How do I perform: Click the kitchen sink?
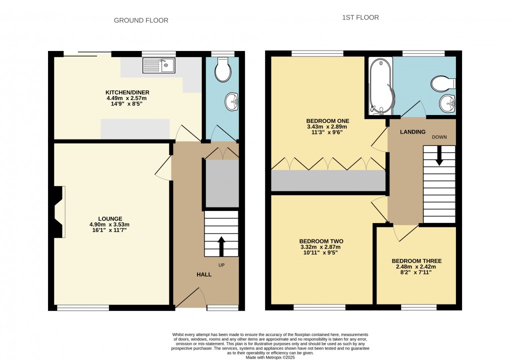tap(158, 65)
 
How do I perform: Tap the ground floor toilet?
tap(222, 71)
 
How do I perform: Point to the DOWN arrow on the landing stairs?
tap(439, 155)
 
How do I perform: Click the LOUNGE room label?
tap(110, 218)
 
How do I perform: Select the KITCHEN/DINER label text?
tap(127, 92)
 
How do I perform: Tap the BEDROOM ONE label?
tap(327, 121)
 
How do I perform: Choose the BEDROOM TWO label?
tap(321, 241)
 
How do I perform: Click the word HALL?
tap(203, 274)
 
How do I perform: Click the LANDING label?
tap(412, 132)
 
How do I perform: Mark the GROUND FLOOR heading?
tap(141, 20)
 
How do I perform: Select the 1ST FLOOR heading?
tap(360, 17)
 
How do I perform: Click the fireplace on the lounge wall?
tap(58, 211)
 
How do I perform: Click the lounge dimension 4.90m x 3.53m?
tap(109, 224)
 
